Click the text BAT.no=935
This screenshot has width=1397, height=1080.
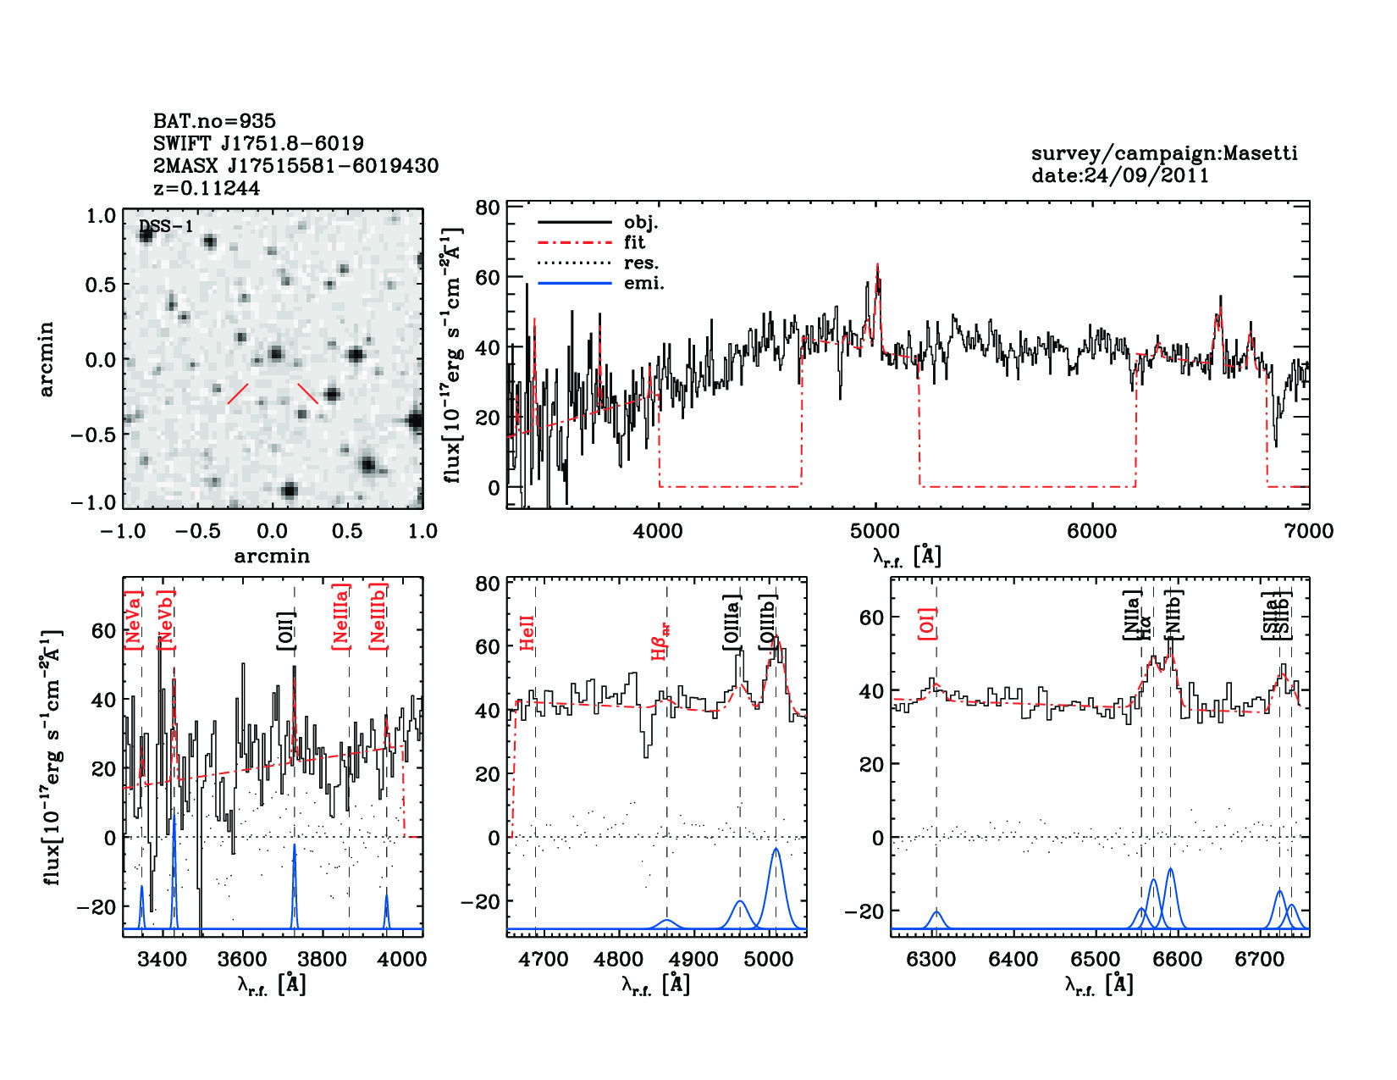click(x=214, y=121)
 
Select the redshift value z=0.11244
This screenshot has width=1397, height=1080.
click(x=207, y=188)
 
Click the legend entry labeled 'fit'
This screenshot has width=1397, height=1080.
click(x=634, y=243)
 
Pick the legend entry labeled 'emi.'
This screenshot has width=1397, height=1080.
click(x=643, y=284)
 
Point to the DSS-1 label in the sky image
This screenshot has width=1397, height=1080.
click(x=165, y=226)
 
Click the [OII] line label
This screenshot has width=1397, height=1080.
click(x=286, y=630)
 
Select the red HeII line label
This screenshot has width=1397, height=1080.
click(x=527, y=633)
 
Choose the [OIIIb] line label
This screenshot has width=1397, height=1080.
click(x=768, y=623)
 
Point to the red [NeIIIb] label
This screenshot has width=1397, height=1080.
click(x=378, y=617)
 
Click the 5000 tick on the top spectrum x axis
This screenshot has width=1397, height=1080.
click(x=875, y=531)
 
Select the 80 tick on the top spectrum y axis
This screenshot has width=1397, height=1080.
click(x=487, y=208)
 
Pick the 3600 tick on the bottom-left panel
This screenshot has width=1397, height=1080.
click(x=242, y=959)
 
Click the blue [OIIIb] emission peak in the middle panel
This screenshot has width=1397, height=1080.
click(x=776, y=850)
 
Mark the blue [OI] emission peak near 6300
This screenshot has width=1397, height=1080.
click(x=936, y=912)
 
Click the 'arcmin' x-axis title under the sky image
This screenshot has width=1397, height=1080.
click(x=272, y=556)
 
